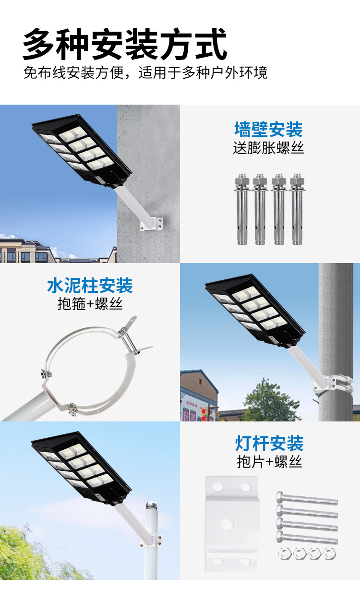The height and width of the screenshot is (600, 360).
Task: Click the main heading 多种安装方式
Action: coord(125,44)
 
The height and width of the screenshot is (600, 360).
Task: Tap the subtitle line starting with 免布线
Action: coord(145,73)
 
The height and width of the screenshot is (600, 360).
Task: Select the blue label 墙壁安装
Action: coord(268,130)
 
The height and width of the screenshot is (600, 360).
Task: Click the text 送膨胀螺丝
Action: coord(268,147)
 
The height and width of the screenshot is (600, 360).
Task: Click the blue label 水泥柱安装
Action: coord(90,286)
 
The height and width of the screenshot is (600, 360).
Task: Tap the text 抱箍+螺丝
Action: coord(90,304)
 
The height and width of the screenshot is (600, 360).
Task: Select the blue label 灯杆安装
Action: coord(269,443)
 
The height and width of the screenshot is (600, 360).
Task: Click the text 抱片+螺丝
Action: coord(269,462)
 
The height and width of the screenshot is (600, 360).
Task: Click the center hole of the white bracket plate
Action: coord(228,524)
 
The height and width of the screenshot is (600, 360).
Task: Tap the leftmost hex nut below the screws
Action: coord(286,553)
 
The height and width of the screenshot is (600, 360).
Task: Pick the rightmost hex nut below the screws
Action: coord(329,553)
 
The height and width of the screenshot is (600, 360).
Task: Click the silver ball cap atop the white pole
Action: coord(152,506)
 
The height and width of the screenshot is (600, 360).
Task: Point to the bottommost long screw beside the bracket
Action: coord(307,538)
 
